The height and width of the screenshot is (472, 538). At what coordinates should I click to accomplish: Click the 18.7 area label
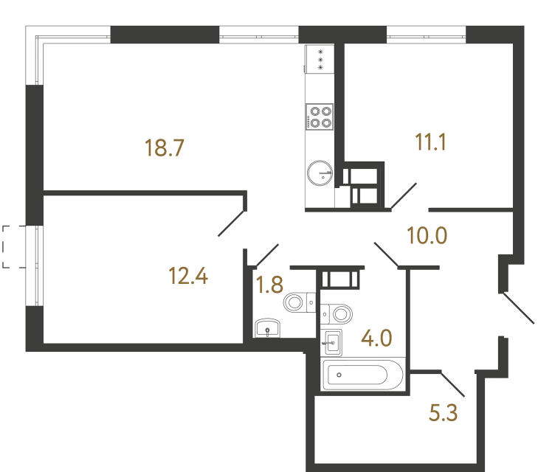(164, 148)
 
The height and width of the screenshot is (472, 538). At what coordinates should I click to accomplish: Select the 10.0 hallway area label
(428, 236)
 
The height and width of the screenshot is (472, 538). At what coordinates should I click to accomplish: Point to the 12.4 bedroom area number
(188, 277)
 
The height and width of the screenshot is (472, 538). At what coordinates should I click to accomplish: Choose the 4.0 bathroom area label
(375, 341)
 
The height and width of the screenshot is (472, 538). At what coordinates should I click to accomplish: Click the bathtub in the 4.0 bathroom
(363, 375)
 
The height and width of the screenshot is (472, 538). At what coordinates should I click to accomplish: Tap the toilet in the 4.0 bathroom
(339, 313)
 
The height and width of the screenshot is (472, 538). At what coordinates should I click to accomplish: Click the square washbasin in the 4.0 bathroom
(333, 341)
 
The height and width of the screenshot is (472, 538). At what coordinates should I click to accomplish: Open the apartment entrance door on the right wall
(518, 309)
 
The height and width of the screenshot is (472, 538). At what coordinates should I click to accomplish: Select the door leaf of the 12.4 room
(232, 223)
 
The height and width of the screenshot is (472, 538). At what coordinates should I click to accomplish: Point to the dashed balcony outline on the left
(11, 246)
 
